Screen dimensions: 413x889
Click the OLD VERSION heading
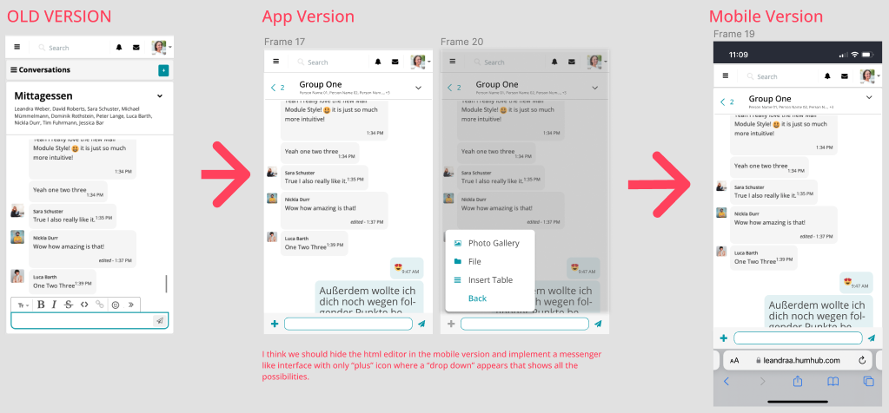tap(59, 16)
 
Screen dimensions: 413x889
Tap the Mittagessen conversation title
tap(43, 96)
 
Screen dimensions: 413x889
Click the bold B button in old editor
tap(41, 305)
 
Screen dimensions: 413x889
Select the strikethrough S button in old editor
tap(69, 305)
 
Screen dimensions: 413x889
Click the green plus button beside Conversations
tap(163, 69)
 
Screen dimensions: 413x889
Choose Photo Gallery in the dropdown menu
tap(493, 243)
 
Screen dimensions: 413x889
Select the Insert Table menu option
tap(490, 279)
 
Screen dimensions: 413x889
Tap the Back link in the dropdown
tap(477, 298)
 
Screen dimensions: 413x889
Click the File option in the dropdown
tap(474, 261)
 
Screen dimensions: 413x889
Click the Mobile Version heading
tap(766, 16)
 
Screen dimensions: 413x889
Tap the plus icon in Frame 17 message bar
tap(275, 324)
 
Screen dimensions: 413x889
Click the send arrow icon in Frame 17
tap(421, 324)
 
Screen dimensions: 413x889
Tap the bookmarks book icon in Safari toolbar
tap(833, 382)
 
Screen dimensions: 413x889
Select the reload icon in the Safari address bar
tap(861, 360)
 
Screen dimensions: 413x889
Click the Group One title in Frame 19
tap(770, 99)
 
